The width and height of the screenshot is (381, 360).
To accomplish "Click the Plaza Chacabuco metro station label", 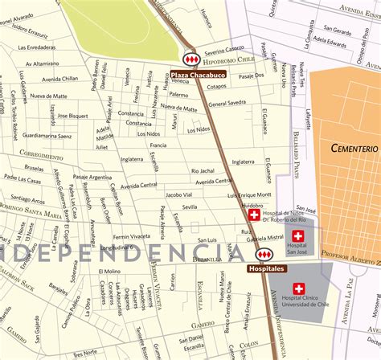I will click(x=198, y=75).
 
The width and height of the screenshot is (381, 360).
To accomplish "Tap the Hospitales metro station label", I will click(x=266, y=268).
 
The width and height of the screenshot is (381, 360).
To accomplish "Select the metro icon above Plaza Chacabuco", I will click(x=191, y=60).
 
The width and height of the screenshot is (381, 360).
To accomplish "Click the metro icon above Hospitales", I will click(x=263, y=255).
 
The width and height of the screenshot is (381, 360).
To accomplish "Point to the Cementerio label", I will click(x=354, y=149).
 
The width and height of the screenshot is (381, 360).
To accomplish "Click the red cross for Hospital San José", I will click(x=298, y=235).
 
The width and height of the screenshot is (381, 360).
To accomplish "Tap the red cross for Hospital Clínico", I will click(x=299, y=288).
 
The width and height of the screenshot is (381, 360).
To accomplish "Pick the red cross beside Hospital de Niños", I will click(x=254, y=215).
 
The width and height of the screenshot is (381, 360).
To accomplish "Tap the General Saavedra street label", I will click(x=227, y=103).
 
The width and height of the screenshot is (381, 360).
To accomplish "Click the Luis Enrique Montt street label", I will click(x=251, y=195).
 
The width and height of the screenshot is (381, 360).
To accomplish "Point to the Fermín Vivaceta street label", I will click(x=131, y=237).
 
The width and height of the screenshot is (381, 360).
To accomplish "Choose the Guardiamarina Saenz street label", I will click(x=47, y=136).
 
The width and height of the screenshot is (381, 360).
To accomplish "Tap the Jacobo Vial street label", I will click(x=178, y=194).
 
